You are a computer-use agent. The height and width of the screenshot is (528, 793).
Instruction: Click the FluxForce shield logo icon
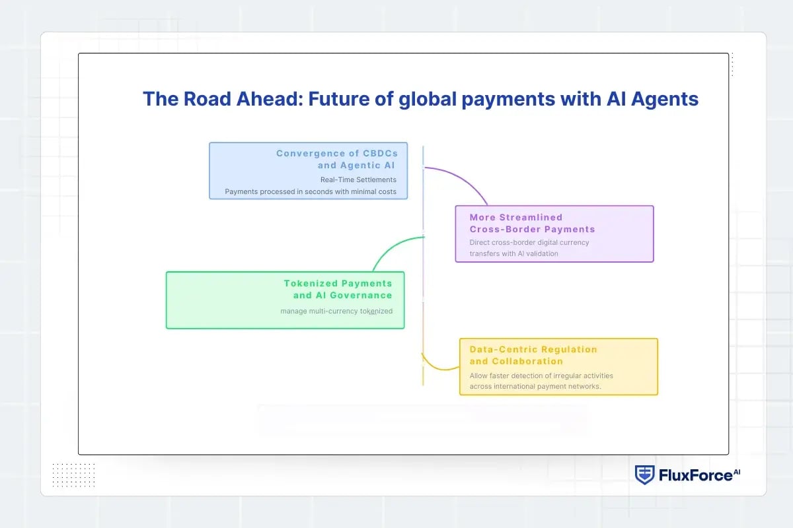pyautogui.click(x=645, y=475)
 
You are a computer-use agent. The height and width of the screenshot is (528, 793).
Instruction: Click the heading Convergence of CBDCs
pyautogui.click(x=337, y=153)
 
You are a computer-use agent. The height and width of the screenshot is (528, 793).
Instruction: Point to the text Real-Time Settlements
pyautogui.click(x=358, y=180)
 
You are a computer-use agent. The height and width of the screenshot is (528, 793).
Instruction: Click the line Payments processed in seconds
pyautogui.click(x=311, y=192)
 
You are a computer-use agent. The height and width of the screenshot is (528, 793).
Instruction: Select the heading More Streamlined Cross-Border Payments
pyautogui.click(x=532, y=223)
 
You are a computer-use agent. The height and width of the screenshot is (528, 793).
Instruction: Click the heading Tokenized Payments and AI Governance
pyautogui.click(x=338, y=289)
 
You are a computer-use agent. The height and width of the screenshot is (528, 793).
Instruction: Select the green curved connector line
pyautogui.click(x=390, y=247)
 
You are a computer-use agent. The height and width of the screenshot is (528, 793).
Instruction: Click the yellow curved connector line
pyautogui.click(x=436, y=366)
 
